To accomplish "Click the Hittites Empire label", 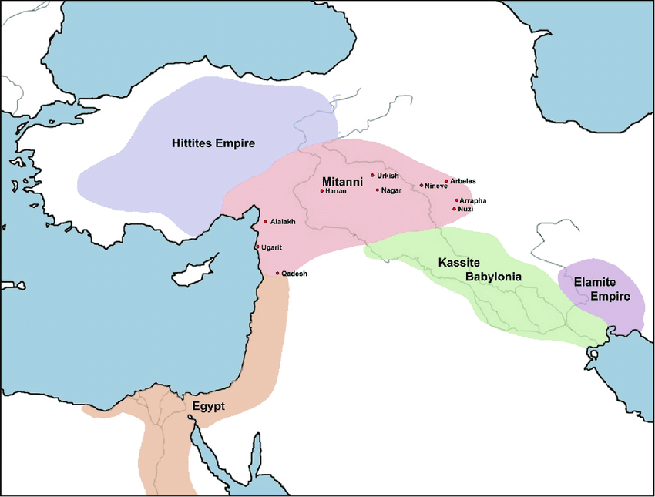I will pyautogui.click(x=213, y=143).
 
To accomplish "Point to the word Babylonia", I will pyautogui.click(x=493, y=277).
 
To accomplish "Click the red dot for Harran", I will pyautogui.click(x=321, y=190).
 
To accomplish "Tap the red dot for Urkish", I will pyautogui.click(x=373, y=176).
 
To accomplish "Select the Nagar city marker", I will pyautogui.click(x=378, y=190).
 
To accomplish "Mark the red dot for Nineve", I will pyautogui.click(x=422, y=185).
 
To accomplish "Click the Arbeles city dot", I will pyautogui.click(x=446, y=181).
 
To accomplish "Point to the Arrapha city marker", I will pyautogui.click(x=456, y=200).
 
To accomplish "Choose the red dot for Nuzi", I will pyautogui.click(x=455, y=209).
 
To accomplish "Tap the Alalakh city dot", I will pyautogui.click(x=266, y=222).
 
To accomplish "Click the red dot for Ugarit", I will pyautogui.click(x=257, y=247).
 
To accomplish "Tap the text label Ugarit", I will pyautogui.click(x=272, y=247).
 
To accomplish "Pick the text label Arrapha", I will pyautogui.click(x=473, y=201).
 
